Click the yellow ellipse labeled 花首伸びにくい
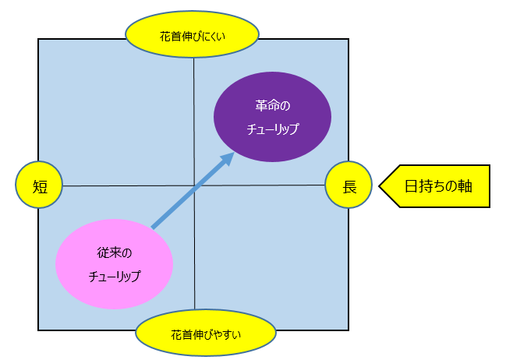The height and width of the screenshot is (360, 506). tap(192, 34)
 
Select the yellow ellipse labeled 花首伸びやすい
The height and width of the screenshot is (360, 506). tap(206, 333)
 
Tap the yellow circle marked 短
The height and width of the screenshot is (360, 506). tap(39, 185)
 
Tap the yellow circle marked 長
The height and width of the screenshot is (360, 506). tap(349, 185)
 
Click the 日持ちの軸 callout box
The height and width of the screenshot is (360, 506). tap(434, 186)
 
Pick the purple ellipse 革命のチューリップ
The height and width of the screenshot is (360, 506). tap(272, 117)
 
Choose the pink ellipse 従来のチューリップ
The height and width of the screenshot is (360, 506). tap(115, 264)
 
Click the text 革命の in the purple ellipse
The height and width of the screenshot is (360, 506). tap(273, 105)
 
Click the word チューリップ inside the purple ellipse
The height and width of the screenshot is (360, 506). tap(273, 129)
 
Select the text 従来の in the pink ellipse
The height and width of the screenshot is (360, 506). tap(115, 253)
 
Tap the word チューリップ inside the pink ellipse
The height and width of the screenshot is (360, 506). tap(115, 277)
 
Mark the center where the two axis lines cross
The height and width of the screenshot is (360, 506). tap(194, 185)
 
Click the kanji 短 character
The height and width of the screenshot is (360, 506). tap(40, 187)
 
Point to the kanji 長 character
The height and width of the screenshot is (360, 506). tap(349, 187)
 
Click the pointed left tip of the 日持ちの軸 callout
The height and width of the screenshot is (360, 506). tap(379, 186)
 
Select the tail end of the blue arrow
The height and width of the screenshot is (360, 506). tap(152, 228)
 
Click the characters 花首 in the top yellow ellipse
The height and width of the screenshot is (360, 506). tap(170, 37)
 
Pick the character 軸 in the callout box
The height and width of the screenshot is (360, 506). tap(465, 186)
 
